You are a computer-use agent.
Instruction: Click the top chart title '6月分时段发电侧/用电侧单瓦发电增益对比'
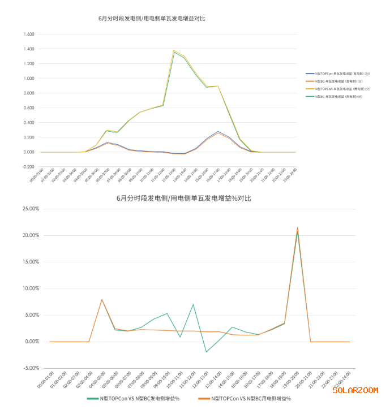[152, 19]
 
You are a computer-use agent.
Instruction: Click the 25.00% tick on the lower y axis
[29, 209]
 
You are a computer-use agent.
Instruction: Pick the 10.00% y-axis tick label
[29, 288]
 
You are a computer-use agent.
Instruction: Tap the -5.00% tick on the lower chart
[29, 368]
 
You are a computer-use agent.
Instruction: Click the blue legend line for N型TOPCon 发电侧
[309, 74]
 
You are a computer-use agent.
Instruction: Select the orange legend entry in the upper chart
[309, 81]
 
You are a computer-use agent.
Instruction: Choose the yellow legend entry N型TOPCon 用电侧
[309, 89]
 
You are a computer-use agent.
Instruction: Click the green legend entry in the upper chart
[309, 97]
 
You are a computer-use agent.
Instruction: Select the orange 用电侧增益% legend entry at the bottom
[244, 399]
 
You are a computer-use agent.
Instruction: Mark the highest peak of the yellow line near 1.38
[174, 51]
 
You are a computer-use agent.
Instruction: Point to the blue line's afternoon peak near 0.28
[218, 131]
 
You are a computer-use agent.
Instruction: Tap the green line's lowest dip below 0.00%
[207, 352]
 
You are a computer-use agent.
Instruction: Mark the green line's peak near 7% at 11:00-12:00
[193, 304]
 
